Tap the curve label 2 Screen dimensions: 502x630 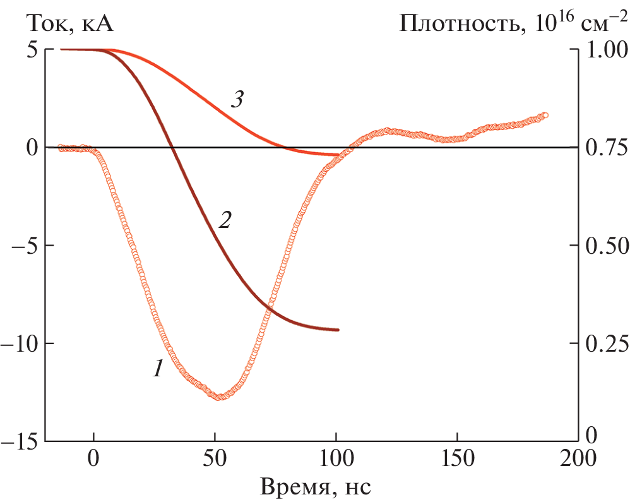coord(225,220)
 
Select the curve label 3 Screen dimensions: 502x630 coord(237,100)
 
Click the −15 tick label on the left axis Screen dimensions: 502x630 coord(23,441)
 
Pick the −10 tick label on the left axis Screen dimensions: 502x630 coord(23,344)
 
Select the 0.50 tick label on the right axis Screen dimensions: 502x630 coord(605,246)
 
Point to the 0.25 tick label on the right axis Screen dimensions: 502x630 coord(605,344)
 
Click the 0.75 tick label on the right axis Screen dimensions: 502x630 coord(605,148)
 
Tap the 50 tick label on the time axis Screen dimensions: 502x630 coord(215,456)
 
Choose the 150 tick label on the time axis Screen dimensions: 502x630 coord(456,456)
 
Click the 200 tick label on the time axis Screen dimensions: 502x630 coord(578,456)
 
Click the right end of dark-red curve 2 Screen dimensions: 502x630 coord(338,330)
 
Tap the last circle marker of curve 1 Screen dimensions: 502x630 coord(545,116)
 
